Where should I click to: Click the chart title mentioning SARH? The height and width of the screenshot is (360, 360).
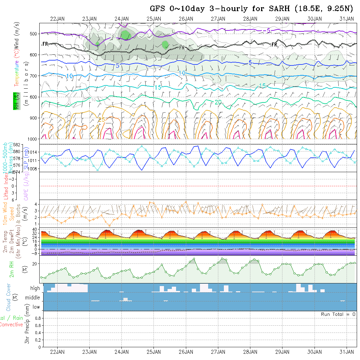(x=251, y=9)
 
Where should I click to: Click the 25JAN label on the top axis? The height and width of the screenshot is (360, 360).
(x=153, y=19)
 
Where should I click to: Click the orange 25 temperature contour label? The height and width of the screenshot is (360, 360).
(x=101, y=120)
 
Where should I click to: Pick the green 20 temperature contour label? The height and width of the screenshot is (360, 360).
(x=218, y=102)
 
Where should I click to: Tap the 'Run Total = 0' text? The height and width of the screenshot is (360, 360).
(x=338, y=314)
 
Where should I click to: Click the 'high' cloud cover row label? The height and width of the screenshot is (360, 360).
(x=35, y=288)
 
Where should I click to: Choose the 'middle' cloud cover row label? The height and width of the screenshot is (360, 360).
(x=33, y=297)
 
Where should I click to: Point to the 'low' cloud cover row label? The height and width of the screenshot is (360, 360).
(x=36, y=307)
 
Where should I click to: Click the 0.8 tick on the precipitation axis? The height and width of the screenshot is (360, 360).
(x=37, y=318)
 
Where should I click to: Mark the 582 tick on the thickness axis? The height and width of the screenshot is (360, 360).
(x=16, y=145)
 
